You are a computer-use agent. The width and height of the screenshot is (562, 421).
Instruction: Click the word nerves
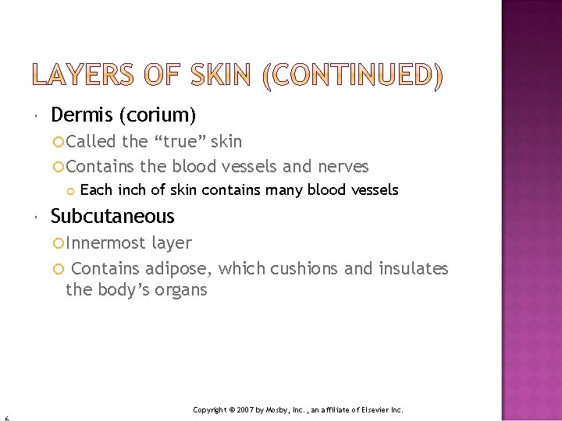343,166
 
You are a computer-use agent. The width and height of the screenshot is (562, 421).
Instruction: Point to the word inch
132,189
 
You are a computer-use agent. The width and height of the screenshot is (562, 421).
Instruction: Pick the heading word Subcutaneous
112,216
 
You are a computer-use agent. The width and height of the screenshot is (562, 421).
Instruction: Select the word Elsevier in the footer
375,409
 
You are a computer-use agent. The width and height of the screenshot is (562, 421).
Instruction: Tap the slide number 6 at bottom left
5,418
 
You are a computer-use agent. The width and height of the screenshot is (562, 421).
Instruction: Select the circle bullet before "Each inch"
71,190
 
